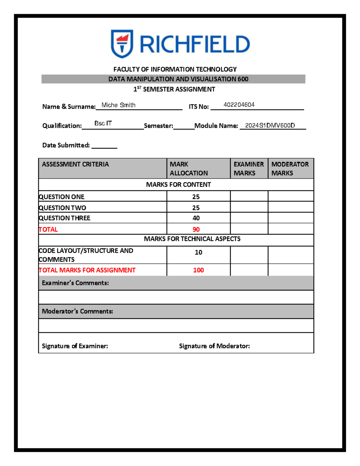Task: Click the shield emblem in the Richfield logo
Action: pos(122,44)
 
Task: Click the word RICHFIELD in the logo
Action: pos(195,44)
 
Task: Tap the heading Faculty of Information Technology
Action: pos(175,69)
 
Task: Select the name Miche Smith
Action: pos(118,105)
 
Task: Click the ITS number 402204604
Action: pos(239,105)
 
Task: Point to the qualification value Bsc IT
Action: pos(103,123)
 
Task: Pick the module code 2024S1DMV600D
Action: pos(270,125)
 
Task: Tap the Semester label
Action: pos(158,126)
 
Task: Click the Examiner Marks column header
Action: pos(249,169)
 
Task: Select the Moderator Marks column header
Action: pos(290,169)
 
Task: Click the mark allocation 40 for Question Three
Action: pos(196,218)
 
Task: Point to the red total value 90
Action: pos(196,230)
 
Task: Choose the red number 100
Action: pos(198,270)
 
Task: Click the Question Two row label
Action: pos(62,208)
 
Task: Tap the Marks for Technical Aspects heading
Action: pos(192,239)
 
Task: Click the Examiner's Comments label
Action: pos(75,283)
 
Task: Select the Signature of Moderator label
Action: pos(214,346)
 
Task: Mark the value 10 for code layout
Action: pos(198,252)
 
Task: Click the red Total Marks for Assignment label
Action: pos(87,270)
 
